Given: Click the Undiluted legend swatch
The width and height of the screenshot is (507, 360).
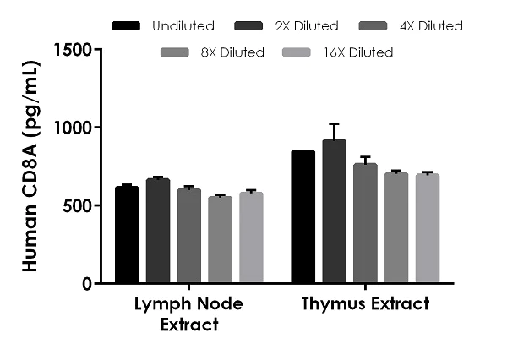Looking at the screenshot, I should coord(127,26).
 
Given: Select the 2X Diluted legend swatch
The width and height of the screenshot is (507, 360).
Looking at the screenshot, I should coord(249,26).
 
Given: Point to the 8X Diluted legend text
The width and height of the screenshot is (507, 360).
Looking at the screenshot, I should coord(232,52).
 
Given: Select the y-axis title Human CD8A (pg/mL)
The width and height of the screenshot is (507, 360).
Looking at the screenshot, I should coord(29,166).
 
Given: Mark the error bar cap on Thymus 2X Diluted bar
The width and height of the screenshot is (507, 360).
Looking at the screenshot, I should coord(334,123).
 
